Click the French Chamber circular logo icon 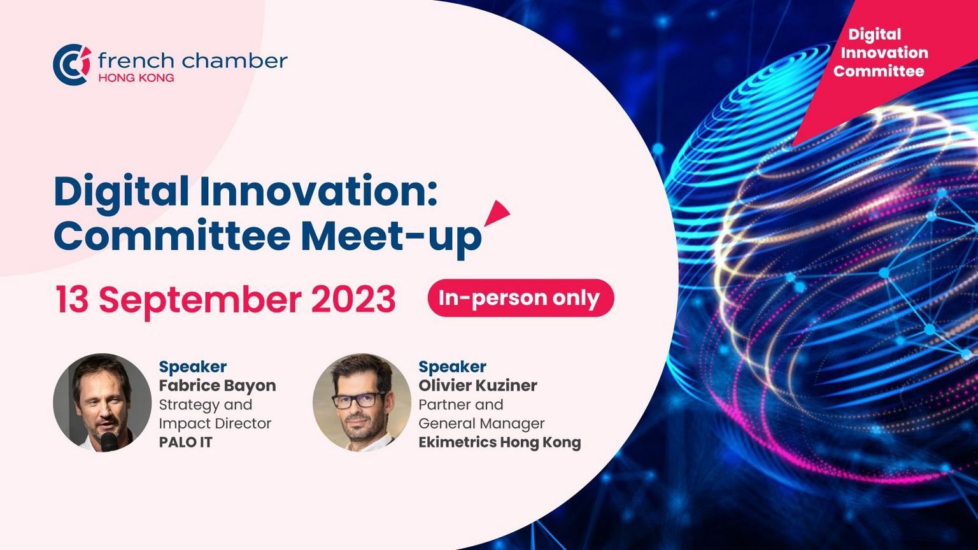pyautogui.click(x=72, y=64)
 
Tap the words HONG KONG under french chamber pyautogui.click(x=136, y=78)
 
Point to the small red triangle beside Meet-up pyautogui.click(x=498, y=213)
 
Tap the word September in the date pyautogui.click(x=201, y=301)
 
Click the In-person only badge pyautogui.click(x=520, y=298)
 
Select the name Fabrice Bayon pyautogui.click(x=217, y=386)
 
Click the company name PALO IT pyautogui.click(x=185, y=442)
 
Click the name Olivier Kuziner pyautogui.click(x=478, y=385)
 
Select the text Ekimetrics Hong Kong pyautogui.click(x=499, y=442)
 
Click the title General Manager pyautogui.click(x=481, y=423)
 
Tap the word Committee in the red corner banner pyautogui.click(x=879, y=71)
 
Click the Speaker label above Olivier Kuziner pyautogui.click(x=452, y=367)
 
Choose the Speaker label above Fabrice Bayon pyautogui.click(x=192, y=367)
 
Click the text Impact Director pyautogui.click(x=215, y=424)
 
